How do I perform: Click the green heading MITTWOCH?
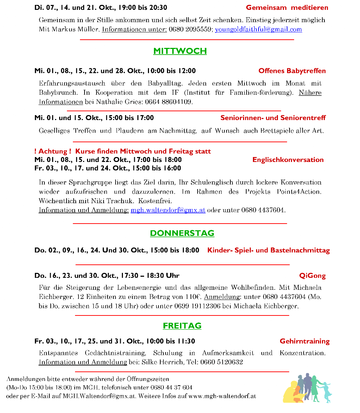(180, 51)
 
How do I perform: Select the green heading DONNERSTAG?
(182, 233)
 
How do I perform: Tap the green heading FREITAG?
(182, 326)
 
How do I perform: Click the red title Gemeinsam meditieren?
(287, 7)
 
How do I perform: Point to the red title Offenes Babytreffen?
(292, 71)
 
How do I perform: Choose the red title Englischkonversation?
(288, 159)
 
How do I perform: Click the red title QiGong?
(312, 275)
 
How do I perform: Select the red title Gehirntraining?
(305, 341)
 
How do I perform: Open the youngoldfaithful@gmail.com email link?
(258, 29)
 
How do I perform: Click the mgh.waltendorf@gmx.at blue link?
(168, 210)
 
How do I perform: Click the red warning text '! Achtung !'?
(52, 151)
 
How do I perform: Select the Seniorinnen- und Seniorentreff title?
(273, 118)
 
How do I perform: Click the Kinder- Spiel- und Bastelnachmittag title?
(268, 250)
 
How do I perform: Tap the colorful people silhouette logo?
(308, 388)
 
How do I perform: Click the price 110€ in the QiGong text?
(191, 297)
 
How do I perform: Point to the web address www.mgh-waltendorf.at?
(222, 396)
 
